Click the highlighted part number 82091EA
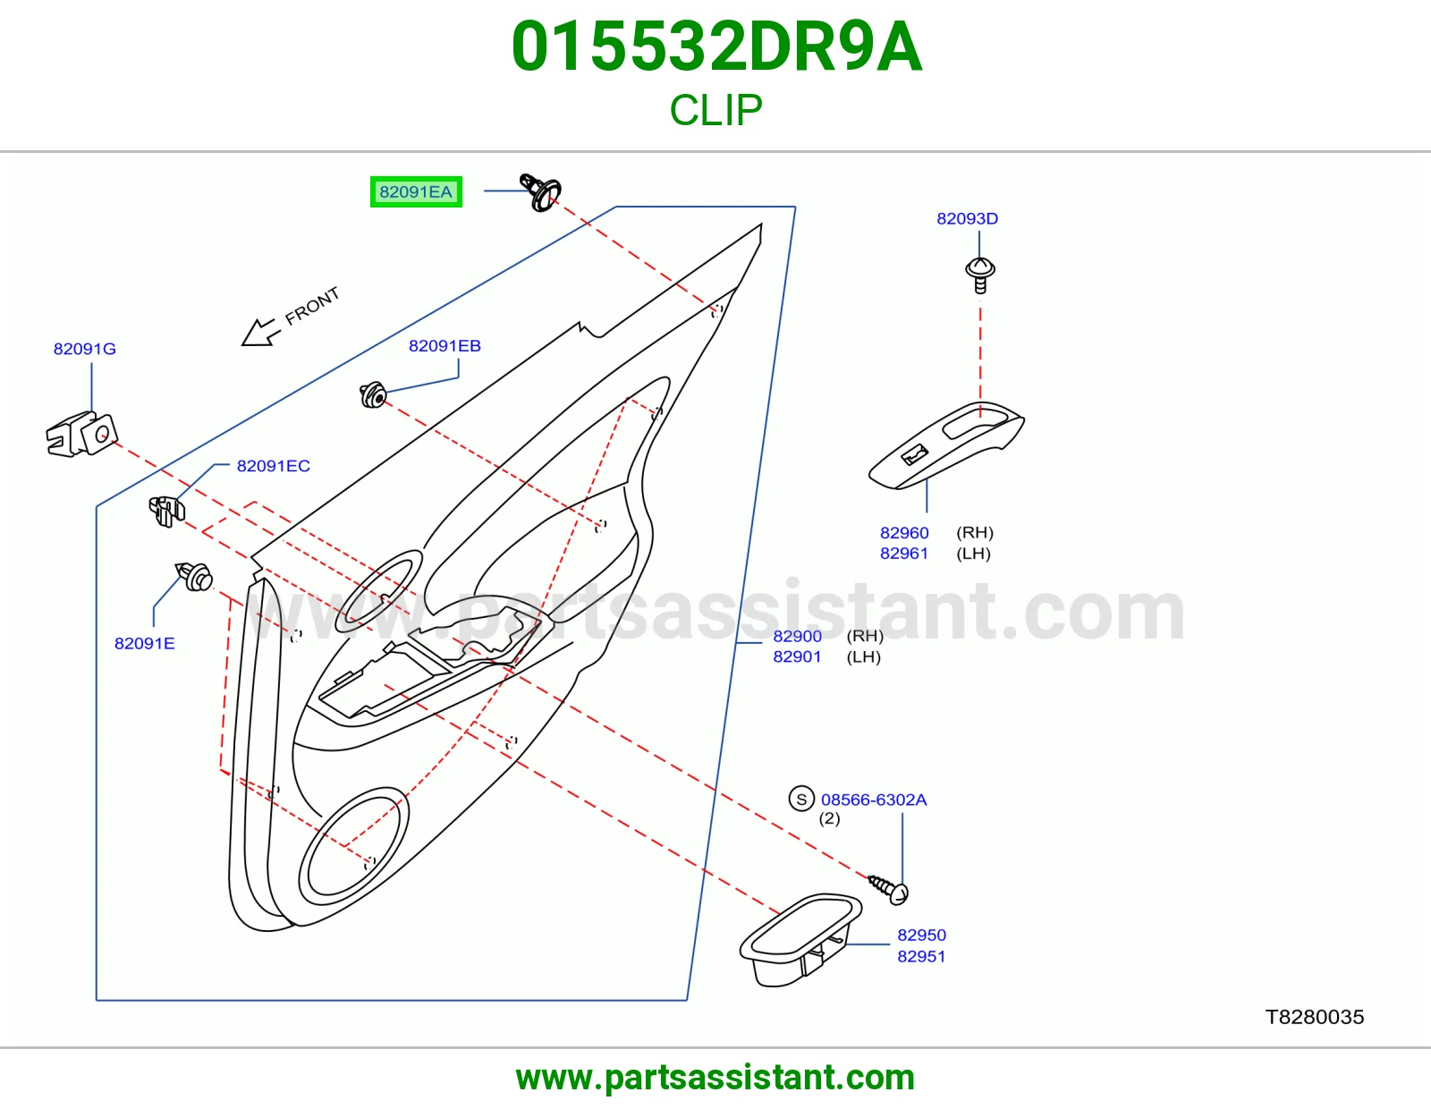(x=416, y=191)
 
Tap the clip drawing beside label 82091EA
(x=540, y=192)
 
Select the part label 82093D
(x=967, y=218)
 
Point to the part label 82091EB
(x=445, y=346)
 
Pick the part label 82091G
(x=84, y=349)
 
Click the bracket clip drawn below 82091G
(x=81, y=434)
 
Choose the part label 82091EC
(x=274, y=466)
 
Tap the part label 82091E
(x=145, y=643)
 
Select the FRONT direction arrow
(x=261, y=332)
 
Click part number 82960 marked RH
(x=904, y=533)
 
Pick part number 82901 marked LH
(x=797, y=656)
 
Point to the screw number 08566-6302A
(x=874, y=800)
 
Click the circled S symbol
(x=801, y=799)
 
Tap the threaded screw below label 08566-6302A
(x=888, y=889)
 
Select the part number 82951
(x=921, y=956)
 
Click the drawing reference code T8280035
(x=1315, y=1018)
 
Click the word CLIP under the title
(x=715, y=110)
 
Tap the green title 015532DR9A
(x=716, y=47)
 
